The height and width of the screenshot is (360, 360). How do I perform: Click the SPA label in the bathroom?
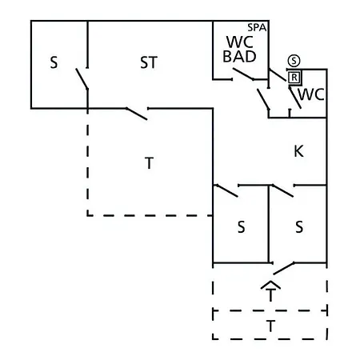point(257,27)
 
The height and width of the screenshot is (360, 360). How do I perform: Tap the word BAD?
point(239,57)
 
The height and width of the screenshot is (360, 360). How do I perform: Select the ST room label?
point(149,62)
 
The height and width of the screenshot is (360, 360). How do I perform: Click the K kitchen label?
point(298,151)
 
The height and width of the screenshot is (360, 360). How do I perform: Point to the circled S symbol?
point(294,61)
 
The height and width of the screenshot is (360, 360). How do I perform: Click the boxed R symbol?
point(294,78)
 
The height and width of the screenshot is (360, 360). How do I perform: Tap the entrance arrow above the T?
point(270,286)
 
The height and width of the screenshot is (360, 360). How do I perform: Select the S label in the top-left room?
point(54,62)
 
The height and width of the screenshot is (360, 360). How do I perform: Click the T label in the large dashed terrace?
point(149,163)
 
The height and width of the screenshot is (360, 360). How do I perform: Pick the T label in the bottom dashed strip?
point(270,326)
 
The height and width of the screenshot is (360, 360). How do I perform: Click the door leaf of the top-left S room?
point(82,78)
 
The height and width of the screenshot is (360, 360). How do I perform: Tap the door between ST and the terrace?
point(137,114)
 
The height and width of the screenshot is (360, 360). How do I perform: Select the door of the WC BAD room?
point(243,74)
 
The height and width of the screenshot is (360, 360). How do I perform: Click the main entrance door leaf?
point(284,268)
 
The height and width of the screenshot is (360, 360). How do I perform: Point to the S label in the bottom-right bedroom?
point(299,227)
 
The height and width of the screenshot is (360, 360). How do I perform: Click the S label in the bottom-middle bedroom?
point(241,227)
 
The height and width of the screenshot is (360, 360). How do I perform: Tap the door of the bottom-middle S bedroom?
point(227,190)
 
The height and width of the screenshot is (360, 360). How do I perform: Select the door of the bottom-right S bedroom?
point(282,190)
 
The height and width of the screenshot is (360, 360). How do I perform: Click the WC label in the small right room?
point(311,94)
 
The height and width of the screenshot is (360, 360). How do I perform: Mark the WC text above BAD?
point(240,42)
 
